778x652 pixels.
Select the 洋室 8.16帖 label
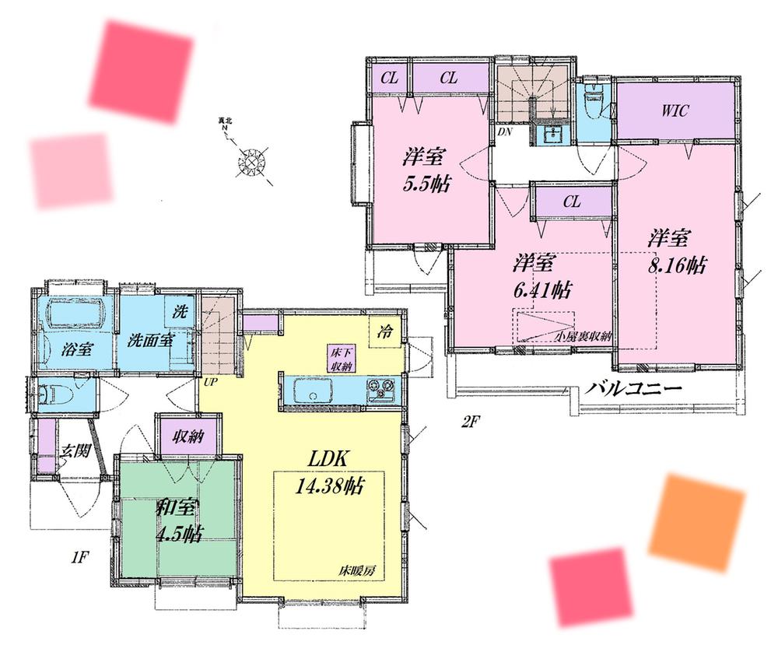click(677, 251)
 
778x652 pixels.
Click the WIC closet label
click(675, 110)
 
